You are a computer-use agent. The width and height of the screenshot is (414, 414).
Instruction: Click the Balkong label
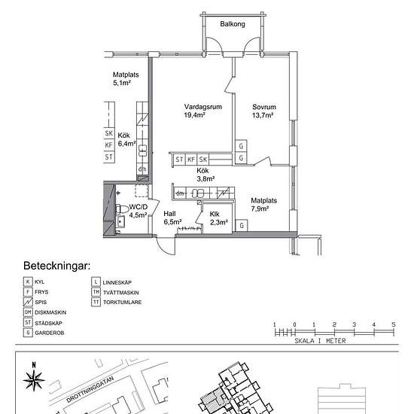pos(233,24)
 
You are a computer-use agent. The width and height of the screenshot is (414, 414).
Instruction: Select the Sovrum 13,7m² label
pos(263,111)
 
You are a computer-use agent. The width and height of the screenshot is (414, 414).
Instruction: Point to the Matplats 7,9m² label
pos(263,204)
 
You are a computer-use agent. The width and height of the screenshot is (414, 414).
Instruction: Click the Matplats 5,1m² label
pos(126,79)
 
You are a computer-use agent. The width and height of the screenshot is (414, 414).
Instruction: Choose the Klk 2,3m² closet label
pos(218,218)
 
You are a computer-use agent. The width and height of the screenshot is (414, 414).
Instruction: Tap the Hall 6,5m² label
pos(172,218)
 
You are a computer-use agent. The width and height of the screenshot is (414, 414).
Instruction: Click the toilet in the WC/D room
pos(122,209)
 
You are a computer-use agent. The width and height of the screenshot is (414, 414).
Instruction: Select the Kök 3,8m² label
pos(205,175)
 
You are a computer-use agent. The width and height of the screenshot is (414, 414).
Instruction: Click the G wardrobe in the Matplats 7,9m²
pos(242,226)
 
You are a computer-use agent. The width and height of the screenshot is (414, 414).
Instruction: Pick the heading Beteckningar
pos(56,266)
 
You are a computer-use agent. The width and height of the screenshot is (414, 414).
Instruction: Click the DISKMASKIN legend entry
pos(44,312)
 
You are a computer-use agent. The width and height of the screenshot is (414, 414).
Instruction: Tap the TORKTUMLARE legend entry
pos(117,302)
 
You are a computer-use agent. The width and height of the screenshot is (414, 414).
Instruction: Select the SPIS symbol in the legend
pos(28,302)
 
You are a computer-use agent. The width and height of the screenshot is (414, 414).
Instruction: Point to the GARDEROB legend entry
pos(44,333)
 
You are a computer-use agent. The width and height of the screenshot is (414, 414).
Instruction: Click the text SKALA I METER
pos(320,341)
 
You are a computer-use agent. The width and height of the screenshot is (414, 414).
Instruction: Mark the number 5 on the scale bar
pos(394,324)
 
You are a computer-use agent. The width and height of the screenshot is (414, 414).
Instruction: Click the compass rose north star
pos(34,380)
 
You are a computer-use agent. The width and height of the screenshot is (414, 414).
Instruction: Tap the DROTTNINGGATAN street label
pos(90,389)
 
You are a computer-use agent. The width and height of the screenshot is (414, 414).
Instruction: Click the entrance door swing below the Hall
pos(166,246)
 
